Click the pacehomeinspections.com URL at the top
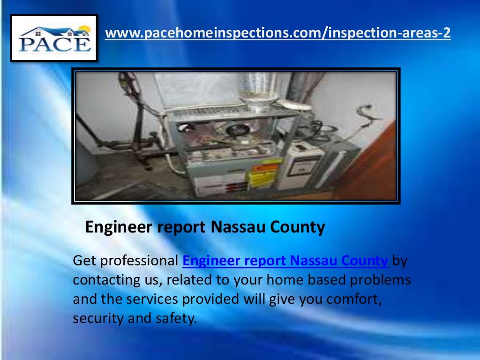click(x=277, y=33)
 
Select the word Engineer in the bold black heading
click(x=119, y=227)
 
